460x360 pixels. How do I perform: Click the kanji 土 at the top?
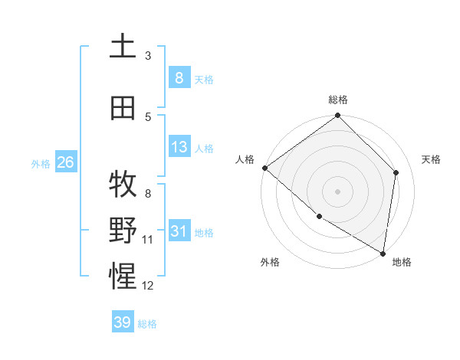[x=123, y=45]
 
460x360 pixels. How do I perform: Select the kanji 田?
[x=123, y=107]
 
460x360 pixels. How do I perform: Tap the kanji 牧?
[x=123, y=184]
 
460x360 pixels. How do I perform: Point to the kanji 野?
[x=123, y=231]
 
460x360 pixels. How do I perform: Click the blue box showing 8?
[x=179, y=77]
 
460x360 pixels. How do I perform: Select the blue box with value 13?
[x=179, y=147]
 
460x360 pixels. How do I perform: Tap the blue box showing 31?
[x=179, y=231]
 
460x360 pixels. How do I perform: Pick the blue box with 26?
[x=65, y=162]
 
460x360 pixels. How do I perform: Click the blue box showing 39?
[x=123, y=322]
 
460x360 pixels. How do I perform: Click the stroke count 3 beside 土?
[x=148, y=55]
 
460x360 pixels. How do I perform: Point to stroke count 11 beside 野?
[x=148, y=240]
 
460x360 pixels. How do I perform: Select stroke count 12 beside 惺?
[x=148, y=286]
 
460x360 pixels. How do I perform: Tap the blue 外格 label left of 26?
[x=41, y=163]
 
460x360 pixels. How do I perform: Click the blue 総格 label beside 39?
[x=147, y=324]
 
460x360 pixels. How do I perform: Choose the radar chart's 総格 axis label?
[x=338, y=100]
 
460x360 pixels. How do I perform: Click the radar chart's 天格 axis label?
[x=432, y=159]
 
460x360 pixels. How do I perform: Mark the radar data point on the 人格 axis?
[x=264, y=168]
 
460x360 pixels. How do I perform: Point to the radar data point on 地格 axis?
[x=383, y=253]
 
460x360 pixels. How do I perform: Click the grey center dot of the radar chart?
[x=338, y=191]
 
